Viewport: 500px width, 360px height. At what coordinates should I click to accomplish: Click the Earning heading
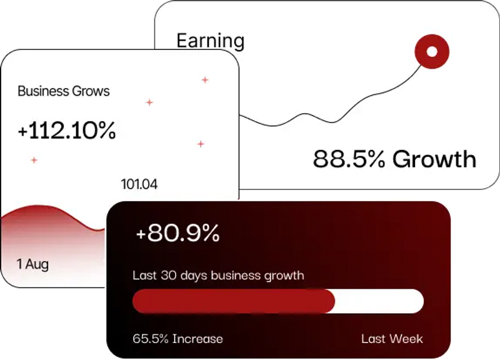click(x=210, y=41)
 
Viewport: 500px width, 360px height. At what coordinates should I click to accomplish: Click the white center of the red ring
click(x=431, y=51)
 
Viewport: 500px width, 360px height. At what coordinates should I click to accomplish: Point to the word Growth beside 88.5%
click(x=434, y=159)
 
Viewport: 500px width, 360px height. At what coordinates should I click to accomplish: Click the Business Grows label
click(x=63, y=91)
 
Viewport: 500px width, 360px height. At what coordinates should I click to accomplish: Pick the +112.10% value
click(x=67, y=131)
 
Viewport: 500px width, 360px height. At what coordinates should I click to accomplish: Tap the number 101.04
click(x=139, y=184)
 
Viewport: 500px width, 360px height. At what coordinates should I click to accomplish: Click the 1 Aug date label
click(x=32, y=264)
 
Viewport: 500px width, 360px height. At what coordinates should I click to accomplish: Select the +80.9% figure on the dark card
click(x=177, y=233)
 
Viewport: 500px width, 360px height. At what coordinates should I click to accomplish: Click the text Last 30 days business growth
click(x=219, y=275)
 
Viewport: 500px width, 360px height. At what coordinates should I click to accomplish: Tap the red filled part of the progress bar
click(x=233, y=301)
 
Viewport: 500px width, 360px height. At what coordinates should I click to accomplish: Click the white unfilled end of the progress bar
click(x=381, y=301)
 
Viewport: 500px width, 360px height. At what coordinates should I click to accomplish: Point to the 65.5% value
click(x=151, y=339)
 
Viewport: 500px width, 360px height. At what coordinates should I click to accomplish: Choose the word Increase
click(x=197, y=339)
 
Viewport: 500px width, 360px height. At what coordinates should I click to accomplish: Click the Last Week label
click(x=392, y=339)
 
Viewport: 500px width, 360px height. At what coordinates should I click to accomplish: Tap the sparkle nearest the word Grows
click(x=149, y=102)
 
